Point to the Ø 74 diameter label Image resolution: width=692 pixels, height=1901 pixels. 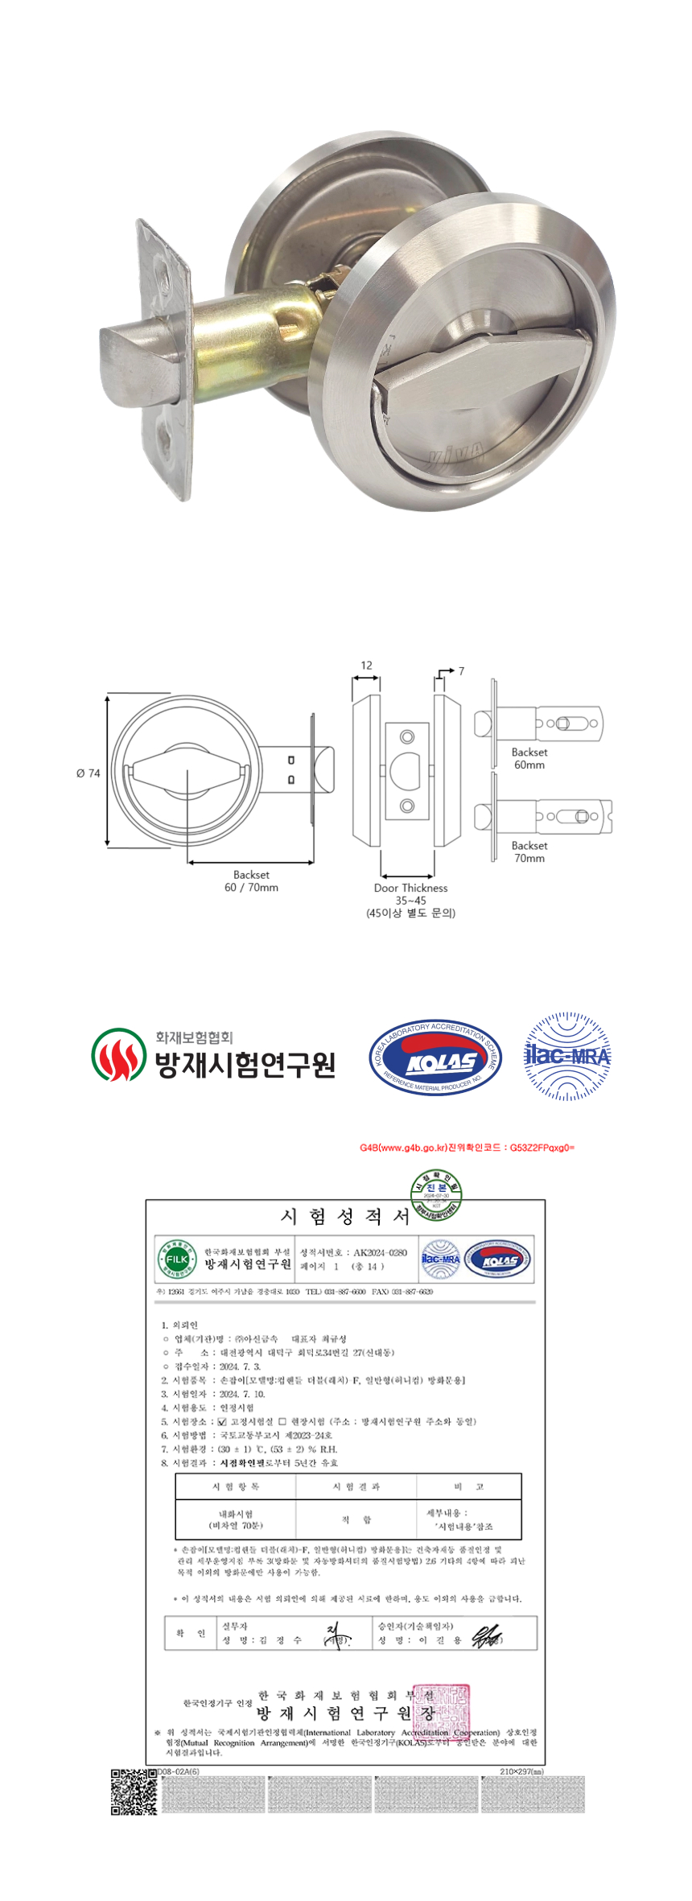tap(89, 773)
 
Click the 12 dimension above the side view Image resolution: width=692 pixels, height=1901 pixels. tap(366, 666)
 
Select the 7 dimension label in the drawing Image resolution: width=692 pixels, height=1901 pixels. tap(461, 670)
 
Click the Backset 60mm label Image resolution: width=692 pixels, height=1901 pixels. tap(529, 758)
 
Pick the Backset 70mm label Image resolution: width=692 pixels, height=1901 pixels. tap(529, 852)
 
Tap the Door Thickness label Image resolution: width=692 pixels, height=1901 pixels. tap(410, 888)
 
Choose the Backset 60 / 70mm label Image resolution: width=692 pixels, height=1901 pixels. tap(251, 880)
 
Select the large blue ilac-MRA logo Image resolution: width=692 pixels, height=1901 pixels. tap(567, 1056)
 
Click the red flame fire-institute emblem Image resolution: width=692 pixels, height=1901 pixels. tap(118, 1054)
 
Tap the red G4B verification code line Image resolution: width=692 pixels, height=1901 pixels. tap(467, 1148)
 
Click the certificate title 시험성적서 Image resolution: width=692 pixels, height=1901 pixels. tap(345, 1216)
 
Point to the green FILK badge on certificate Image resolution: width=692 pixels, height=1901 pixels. tap(176, 1259)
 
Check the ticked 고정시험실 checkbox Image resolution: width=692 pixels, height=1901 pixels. tap(222, 1421)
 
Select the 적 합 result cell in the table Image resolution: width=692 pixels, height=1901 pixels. tap(356, 1520)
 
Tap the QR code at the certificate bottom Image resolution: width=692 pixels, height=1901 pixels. tap(134, 1792)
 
